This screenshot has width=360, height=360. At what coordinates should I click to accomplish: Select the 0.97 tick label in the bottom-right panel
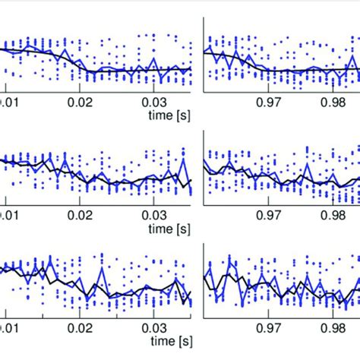pos(272,332)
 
